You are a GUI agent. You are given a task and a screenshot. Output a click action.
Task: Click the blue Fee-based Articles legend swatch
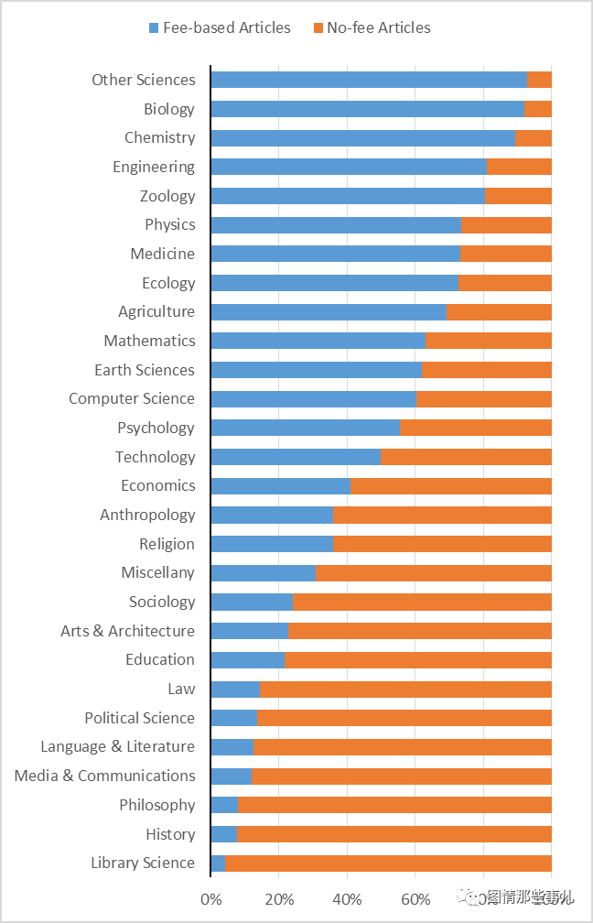tap(154, 28)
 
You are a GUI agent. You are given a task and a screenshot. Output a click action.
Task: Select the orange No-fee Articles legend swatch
tap(318, 28)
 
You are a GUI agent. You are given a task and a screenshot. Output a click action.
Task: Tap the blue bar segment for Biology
tap(367, 109)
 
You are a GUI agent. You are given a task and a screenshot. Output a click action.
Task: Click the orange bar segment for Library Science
tap(388, 863)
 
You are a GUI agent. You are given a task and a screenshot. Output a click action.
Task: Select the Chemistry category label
tap(160, 137)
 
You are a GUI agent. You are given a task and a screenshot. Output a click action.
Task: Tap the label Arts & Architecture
tap(127, 631)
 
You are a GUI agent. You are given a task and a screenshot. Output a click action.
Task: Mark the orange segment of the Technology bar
tap(466, 457)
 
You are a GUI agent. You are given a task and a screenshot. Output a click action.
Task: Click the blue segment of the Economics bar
tap(280, 485)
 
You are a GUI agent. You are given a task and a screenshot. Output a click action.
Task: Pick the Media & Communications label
tap(104, 776)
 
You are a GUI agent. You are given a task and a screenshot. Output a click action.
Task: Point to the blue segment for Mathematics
tap(318, 341)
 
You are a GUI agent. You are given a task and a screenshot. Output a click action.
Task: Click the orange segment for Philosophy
tap(394, 805)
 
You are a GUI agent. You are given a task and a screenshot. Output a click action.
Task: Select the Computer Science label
tap(132, 398)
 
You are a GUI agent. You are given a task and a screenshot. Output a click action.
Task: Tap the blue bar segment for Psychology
tap(305, 428)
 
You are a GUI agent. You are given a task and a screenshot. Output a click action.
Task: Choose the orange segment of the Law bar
tap(405, 689)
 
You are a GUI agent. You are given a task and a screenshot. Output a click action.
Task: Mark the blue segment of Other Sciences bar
tap(368, 80)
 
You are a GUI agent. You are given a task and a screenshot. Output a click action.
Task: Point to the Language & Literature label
tap(117, 746)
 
